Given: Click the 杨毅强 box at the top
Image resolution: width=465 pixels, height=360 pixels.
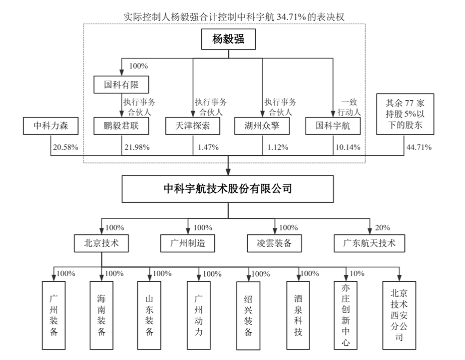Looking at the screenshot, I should pos(228,39).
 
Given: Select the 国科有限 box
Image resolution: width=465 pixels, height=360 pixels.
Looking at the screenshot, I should pos(122,84).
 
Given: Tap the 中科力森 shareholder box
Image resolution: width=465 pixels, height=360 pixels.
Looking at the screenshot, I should pos(51,127).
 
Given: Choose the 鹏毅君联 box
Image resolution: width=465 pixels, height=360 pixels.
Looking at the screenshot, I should pos(122,127).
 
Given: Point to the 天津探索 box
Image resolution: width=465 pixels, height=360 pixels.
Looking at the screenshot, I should pos(193,127).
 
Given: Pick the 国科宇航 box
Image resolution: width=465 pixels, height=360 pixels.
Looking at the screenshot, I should pos(333,127).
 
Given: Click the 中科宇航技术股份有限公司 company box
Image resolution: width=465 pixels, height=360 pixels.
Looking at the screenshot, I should pos(228,189).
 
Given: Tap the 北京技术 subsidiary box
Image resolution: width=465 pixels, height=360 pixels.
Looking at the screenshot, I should pos(102,243).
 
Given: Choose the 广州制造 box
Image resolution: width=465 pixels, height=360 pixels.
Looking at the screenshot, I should pos(188,243).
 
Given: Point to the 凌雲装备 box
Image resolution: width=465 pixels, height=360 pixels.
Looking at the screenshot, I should pos(274,243).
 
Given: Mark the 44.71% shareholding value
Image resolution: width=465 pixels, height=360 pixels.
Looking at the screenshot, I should pos(418,147).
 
